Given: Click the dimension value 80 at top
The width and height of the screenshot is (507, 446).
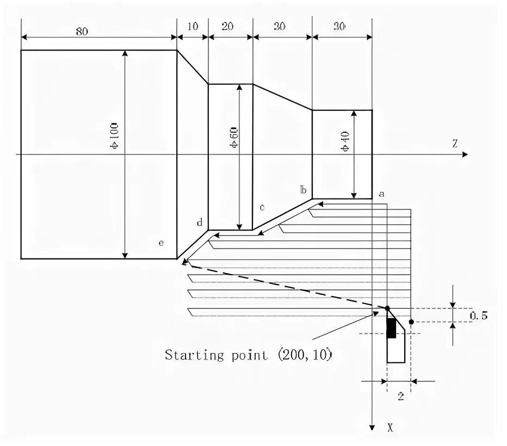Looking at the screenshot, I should [82, 32].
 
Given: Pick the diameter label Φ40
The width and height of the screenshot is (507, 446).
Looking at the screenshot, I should [347, 140].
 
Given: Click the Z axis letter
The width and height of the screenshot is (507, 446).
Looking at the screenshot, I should [454, 144].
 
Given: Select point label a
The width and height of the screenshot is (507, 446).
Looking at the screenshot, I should [381, 193].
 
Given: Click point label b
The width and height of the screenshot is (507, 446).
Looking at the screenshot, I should [304, 190].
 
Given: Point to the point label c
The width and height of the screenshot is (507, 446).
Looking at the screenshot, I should [262, 207].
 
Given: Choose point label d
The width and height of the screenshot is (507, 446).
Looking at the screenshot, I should [200, 222].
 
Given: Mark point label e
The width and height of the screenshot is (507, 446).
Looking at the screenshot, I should [161, 243].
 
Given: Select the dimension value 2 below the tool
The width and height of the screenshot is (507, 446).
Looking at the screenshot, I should [400, 396].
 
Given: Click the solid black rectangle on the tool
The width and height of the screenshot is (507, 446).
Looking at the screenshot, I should [391, 329].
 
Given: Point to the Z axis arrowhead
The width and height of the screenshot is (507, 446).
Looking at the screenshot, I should [465, 155].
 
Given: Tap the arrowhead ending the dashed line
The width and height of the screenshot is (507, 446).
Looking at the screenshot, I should [185, 263].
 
